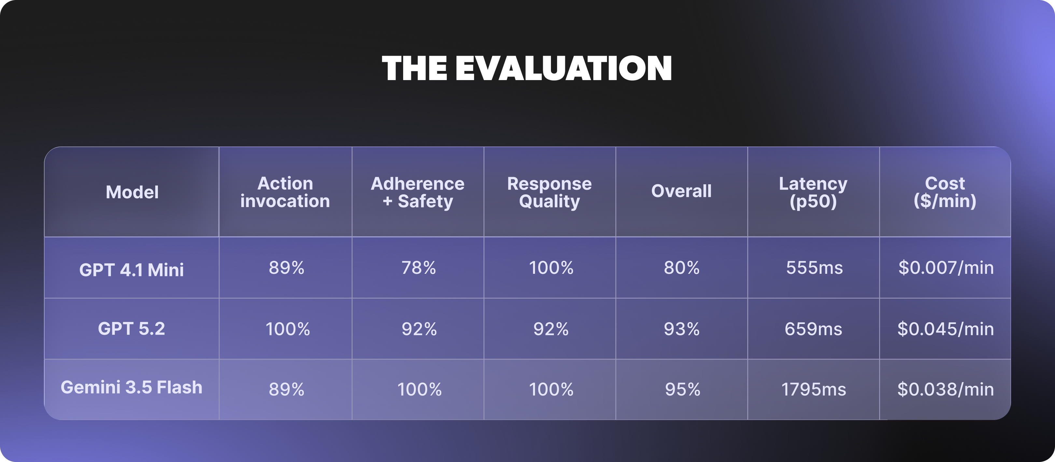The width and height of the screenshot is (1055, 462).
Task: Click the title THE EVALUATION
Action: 527,68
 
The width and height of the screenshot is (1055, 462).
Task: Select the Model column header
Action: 132,192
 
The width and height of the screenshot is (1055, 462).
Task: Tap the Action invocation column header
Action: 285,192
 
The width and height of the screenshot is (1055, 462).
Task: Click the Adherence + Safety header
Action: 418,192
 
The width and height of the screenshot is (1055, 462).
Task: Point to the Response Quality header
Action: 550,192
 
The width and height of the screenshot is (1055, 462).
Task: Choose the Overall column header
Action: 682,191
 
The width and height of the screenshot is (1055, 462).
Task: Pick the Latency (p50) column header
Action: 813,192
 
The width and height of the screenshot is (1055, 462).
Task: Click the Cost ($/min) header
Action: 945,192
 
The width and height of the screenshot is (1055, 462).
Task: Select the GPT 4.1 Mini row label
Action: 132,270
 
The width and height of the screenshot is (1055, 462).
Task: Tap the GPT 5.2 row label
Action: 132,329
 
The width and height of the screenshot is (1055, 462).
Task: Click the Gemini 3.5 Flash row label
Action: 132,387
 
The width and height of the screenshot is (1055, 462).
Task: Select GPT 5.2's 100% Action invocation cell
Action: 288,329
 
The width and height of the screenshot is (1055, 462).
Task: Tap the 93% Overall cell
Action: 682,329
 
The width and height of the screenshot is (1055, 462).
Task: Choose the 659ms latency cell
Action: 813,329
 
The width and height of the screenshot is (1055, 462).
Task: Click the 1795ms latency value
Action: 813,389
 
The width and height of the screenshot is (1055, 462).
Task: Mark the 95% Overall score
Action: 682,389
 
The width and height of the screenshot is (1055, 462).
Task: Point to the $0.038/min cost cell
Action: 946,389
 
